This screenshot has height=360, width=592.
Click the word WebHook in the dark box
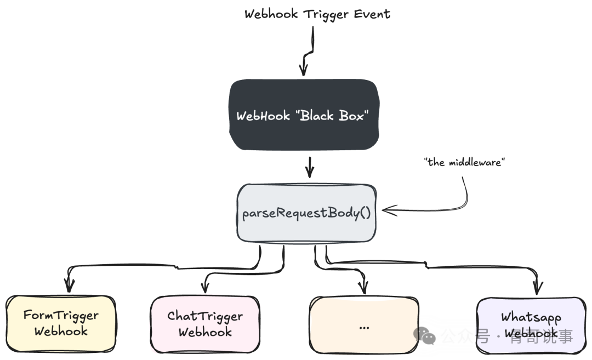(263, 116)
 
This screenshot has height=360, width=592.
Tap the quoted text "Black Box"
(334, 116)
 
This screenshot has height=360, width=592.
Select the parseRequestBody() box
(306, 213)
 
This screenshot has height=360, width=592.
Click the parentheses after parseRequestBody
(365, 213)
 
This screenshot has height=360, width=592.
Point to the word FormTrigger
(61, 316)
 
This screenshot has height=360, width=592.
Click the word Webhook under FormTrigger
(61, 332)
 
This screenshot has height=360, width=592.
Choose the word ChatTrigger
(205, 316)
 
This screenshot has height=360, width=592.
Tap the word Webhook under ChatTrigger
(205, 332)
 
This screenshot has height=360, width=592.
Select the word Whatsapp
(531, 317)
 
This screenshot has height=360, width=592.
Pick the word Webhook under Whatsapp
(531, 333)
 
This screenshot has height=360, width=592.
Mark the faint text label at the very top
(320, 14)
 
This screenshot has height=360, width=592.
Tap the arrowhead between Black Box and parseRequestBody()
(311, 169)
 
